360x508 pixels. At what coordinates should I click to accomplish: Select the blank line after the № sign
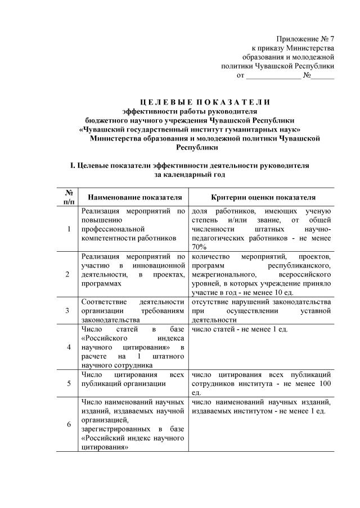(x=323, y=75)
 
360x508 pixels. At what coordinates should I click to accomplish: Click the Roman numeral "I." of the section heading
(x=71, y=166)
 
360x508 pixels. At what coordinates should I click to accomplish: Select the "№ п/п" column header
(x=68, y=197)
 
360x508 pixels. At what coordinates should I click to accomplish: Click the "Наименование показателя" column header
(x=134, y=198)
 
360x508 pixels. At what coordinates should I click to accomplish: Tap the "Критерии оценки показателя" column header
(x=263, y=198)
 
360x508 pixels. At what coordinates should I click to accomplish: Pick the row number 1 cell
(x=68, y=229)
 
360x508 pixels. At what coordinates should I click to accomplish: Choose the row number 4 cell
(x=68, y=347)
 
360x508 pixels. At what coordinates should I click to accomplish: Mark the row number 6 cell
(x=68, y=424)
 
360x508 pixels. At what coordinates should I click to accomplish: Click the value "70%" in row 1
(x=200, y=247)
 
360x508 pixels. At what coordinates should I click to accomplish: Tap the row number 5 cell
(x=68, y=384)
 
